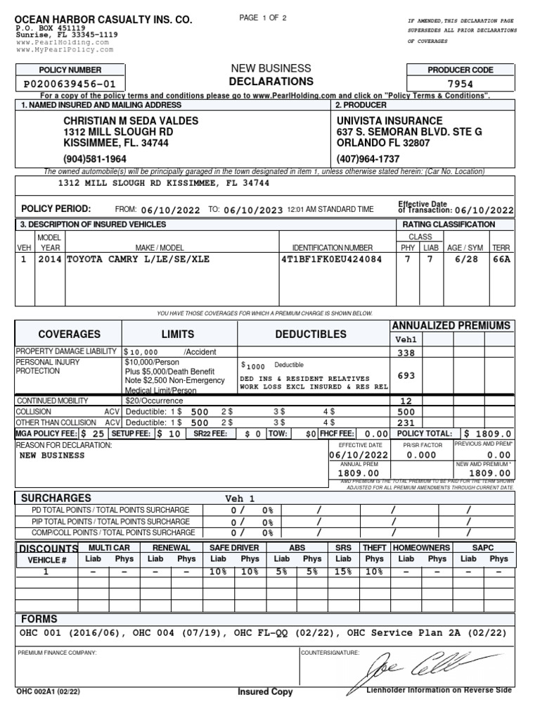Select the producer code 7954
click(461, 84)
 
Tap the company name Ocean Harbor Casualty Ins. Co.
click(103, 20)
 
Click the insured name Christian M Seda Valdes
click(131, 121)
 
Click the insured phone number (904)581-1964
click(95, 158)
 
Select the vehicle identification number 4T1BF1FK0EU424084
click(332, 259)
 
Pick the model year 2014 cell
click(49, 259)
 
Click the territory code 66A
click(501, 259)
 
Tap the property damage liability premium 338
click(406, 353)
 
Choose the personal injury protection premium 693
click(406, 376)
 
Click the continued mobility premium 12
click(406, 401)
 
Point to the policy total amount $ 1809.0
click(487, 434)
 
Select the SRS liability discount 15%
click(343, 572)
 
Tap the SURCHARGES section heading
click(56, 498)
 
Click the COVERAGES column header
click(69, 334)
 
